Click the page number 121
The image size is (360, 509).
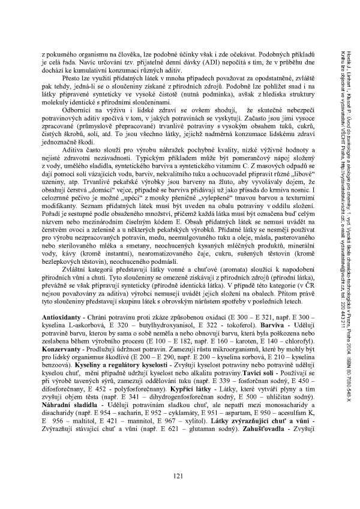pos(178,477)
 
